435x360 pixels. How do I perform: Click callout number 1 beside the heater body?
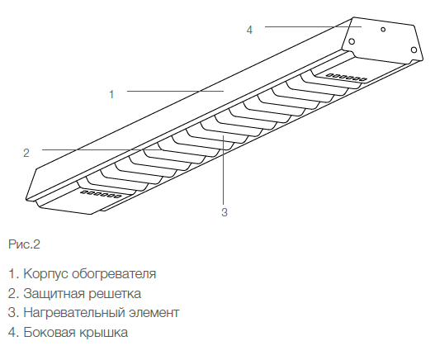point(111,94)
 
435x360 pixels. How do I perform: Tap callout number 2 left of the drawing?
point(26,153)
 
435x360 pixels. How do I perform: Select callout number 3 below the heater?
point(225,212)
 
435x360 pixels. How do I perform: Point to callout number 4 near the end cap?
point(249,30)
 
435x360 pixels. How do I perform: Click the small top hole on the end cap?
point(383,29)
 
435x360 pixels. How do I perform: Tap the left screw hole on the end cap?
point(352,41)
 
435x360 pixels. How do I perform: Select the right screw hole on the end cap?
point(414,50)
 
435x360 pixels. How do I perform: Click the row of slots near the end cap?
point(346,77)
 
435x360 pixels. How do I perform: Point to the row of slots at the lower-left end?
point(101,194)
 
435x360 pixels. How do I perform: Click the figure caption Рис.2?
point(25,244)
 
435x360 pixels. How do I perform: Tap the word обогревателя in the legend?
point(114,274)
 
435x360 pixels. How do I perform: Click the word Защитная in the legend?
point(54,294)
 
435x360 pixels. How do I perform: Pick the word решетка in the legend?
point(115,294)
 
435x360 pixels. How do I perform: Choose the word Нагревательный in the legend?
point(74,313)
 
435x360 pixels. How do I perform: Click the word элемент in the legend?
point(154,313)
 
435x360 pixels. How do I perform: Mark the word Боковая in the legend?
point(50,332)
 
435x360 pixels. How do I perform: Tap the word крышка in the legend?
point(103,333)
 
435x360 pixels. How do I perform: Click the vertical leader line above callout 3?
point(223,170)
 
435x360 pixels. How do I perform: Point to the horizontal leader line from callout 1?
point(175,91)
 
